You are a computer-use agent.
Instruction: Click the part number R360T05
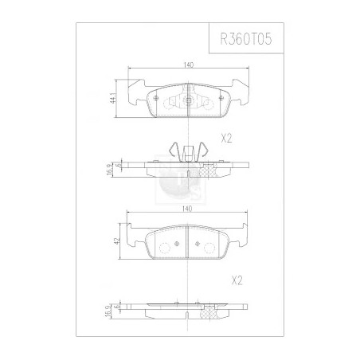(x=246, y=39)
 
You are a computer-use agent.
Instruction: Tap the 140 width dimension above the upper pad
(x=188, y=65)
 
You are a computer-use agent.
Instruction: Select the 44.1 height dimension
(x=114, y=98)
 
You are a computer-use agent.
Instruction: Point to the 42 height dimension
(x=118, y=241)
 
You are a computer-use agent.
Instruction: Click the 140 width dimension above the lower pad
(x=186, y=209)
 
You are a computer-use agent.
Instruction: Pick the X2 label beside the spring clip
(x=226, y=139)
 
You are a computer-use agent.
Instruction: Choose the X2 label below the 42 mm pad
(x=237, y=280)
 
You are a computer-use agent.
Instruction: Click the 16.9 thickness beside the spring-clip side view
(x=109, y=169)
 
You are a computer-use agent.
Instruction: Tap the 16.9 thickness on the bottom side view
(x=108, y=311)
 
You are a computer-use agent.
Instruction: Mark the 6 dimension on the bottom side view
(x=115, y=306)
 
